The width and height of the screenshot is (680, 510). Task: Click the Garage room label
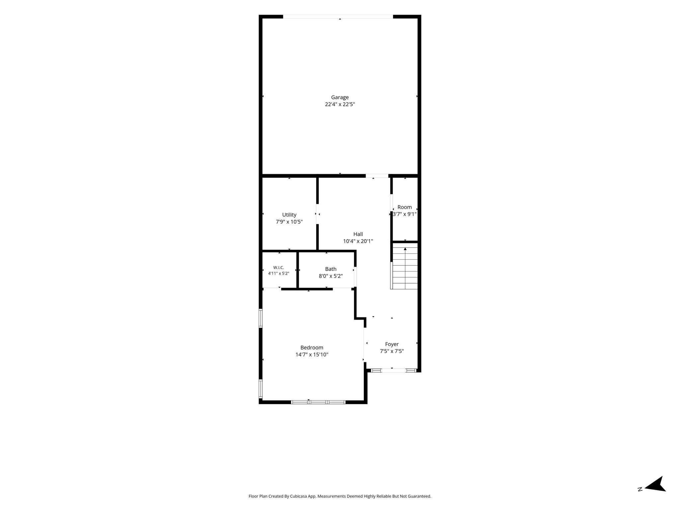(x=340, y=97)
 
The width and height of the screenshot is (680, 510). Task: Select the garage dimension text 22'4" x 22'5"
(x=340, y=104)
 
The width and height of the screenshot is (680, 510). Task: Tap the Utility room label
(x=289, y=215)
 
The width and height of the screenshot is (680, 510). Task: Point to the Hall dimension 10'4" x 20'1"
(x=358, y=241)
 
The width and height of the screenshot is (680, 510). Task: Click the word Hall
(x=358, y=234)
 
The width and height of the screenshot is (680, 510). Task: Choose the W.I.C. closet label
(x=279, y=268)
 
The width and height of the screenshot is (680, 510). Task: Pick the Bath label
(x=331, y=269)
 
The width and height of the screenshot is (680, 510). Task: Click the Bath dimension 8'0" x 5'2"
(x=331, y=276)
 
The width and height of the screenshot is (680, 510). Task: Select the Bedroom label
(x=312, y=348)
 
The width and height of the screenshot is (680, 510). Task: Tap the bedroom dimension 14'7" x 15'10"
(x=312, y=355)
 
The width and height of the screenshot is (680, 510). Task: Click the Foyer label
(x=392, y=344)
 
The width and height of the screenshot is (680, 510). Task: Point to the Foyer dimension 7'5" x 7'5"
(x=392, y=351)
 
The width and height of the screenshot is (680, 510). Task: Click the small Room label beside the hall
(x=405, y=207)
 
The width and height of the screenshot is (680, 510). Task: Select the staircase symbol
(x=404, y=266)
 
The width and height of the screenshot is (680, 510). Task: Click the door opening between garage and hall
(x=377, y=176)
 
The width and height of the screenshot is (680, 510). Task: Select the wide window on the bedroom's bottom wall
(x=318, y=402)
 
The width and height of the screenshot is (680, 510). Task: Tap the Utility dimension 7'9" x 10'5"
(x=289, y=222)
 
